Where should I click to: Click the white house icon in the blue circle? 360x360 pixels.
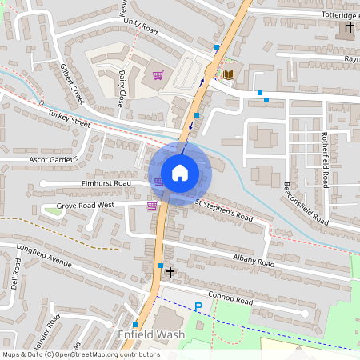[179, 172]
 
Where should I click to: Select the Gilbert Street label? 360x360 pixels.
[71, 82]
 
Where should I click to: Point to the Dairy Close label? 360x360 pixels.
[122, 89]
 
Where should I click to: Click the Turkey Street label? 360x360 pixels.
[69, 120]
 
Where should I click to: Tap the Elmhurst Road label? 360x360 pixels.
[106, 183]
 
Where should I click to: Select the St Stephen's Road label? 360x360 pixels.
[224, 210]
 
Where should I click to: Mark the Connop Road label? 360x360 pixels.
[230, 300]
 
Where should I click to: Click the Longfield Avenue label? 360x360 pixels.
[44, 254]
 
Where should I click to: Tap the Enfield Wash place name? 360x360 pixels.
[151, 334]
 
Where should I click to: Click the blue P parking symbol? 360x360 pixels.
[198, 306]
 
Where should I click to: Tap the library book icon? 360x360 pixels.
[229, 74]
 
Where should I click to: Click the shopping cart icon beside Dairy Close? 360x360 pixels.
[158, 76]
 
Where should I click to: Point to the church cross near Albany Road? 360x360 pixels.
[170, 273]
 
